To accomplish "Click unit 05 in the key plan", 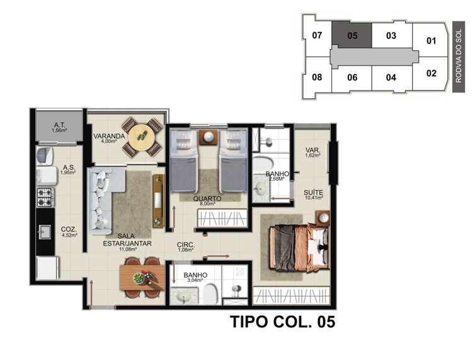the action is (352, 35).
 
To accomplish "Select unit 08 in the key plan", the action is (317, 77).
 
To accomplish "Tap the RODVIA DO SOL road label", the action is (459, 56).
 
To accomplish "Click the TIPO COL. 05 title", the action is (283, 322).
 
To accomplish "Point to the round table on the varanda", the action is (142, 137).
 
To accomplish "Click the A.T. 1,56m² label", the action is (60, 127).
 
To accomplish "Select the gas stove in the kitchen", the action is (45, 197).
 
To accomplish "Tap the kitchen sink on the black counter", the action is (45, 232).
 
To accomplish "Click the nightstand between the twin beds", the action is (208, 137).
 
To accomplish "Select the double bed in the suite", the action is (299, 247).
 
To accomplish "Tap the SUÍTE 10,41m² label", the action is (314, 194).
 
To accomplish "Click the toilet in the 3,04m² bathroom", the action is (210, 293).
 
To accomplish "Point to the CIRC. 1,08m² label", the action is (185, 247).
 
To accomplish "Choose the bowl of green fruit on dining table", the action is (139, 278).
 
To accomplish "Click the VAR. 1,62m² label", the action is (313, 152).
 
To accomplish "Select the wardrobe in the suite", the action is (291, 295).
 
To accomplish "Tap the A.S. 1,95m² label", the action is (68, 170).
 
